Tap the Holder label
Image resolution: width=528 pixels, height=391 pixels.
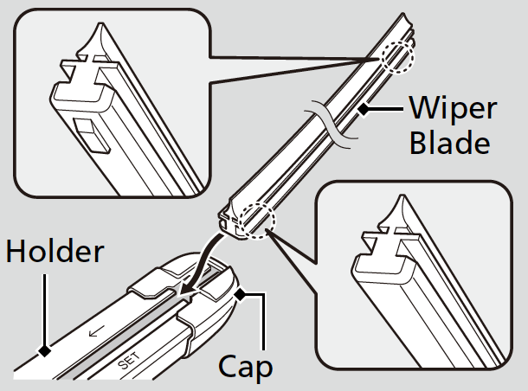(55, 252)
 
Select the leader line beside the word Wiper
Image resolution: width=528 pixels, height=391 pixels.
(385, 109)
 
